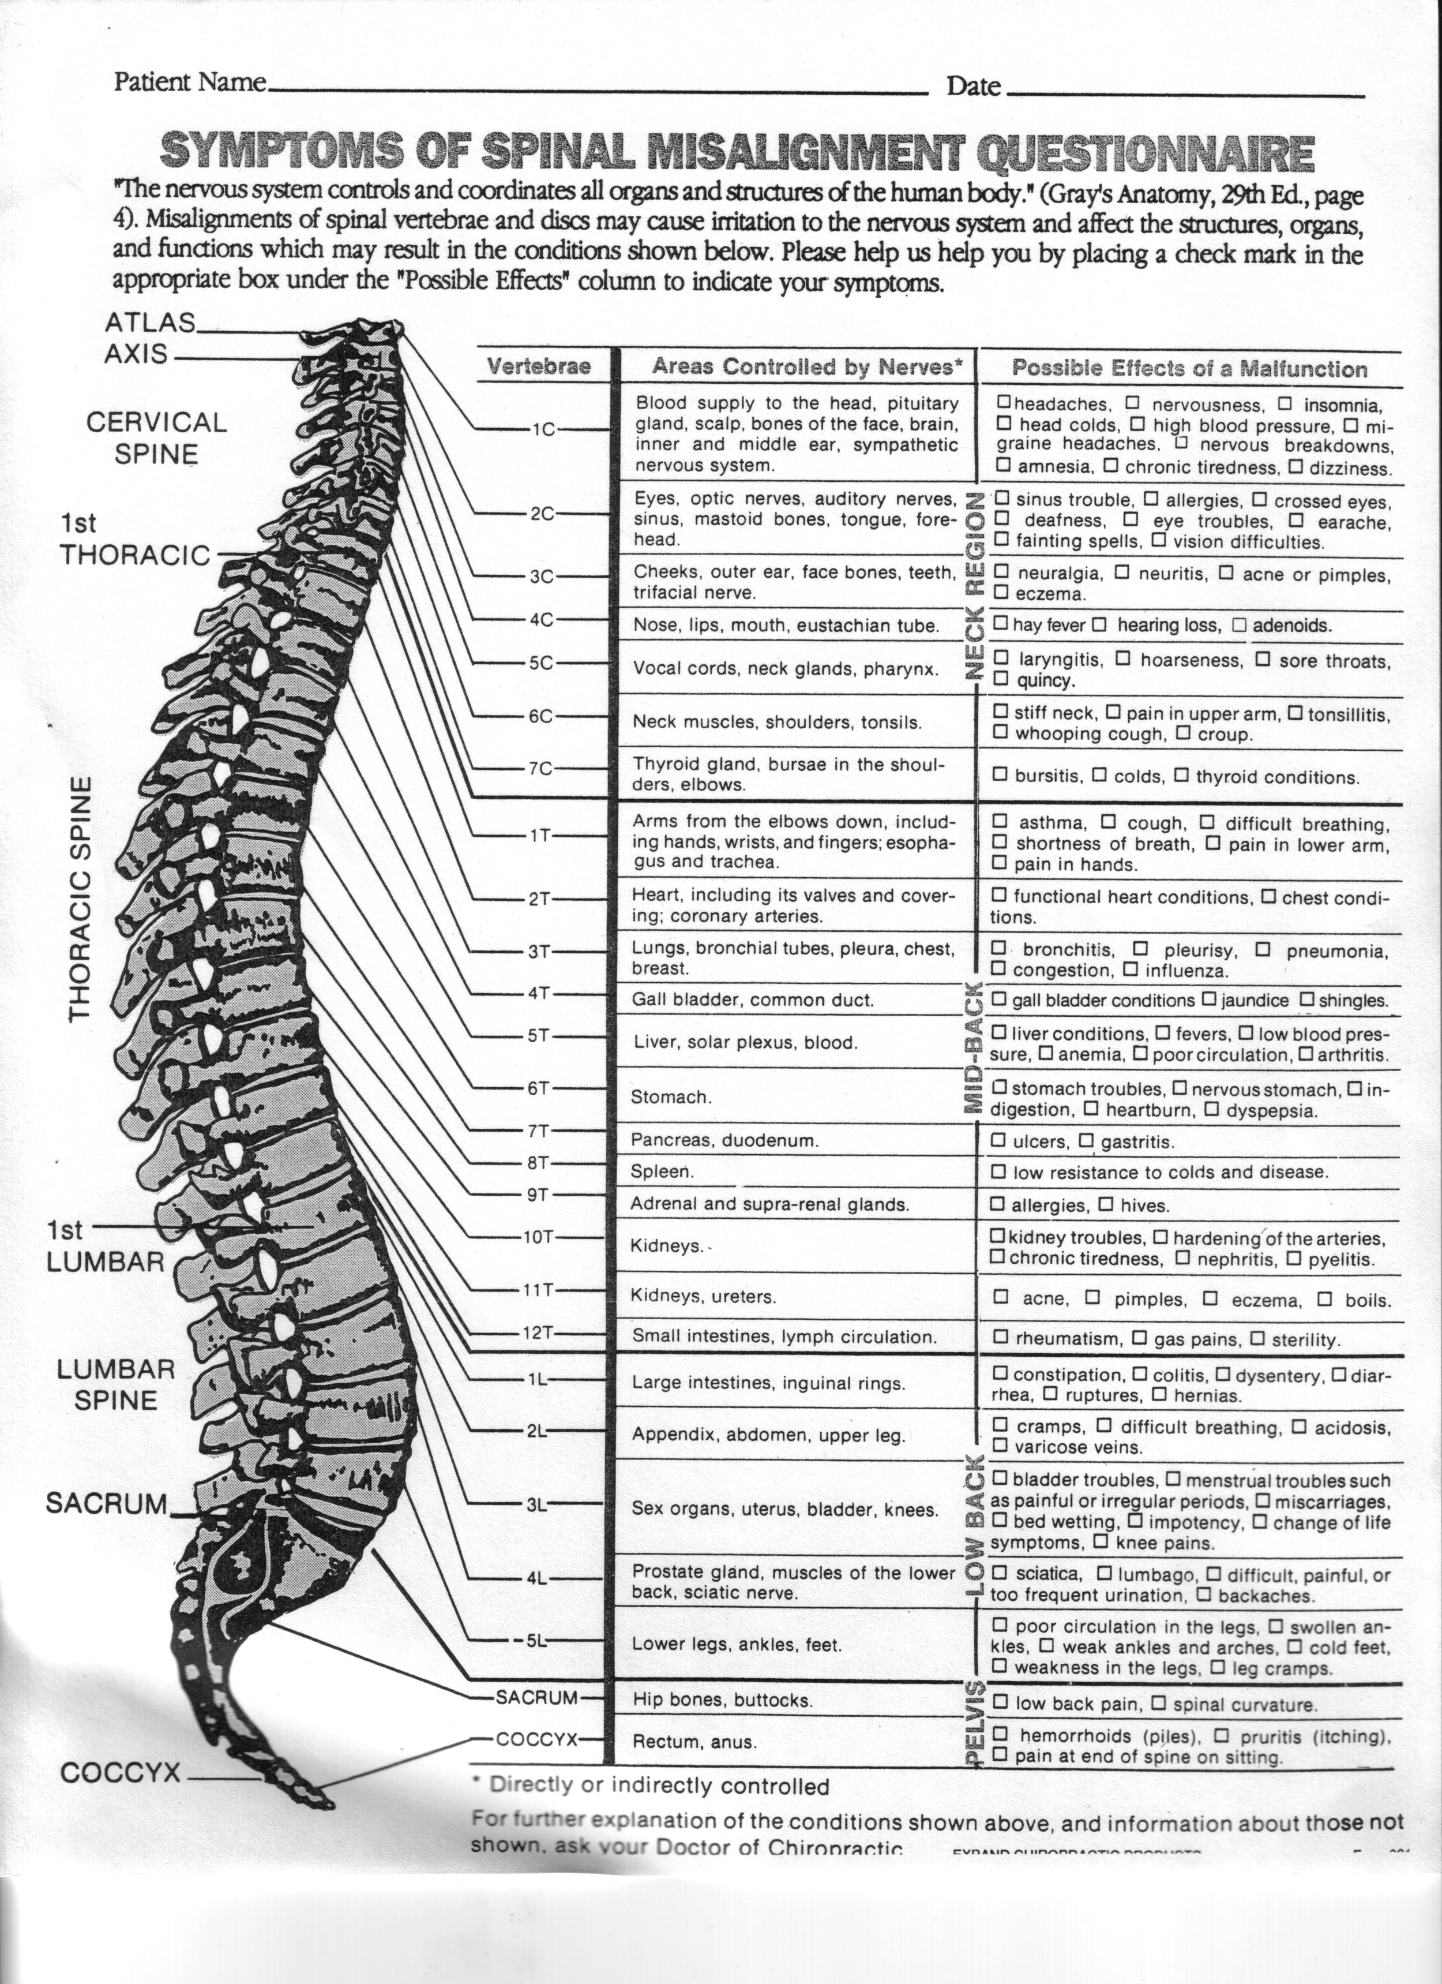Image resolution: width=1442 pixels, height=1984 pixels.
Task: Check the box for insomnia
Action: point(1285,404)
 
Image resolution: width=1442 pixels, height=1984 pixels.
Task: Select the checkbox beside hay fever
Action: point(1001,624)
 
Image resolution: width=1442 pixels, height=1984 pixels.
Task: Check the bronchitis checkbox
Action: point(998,948)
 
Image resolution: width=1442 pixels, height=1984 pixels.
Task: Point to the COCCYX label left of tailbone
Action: point(120,1773)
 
